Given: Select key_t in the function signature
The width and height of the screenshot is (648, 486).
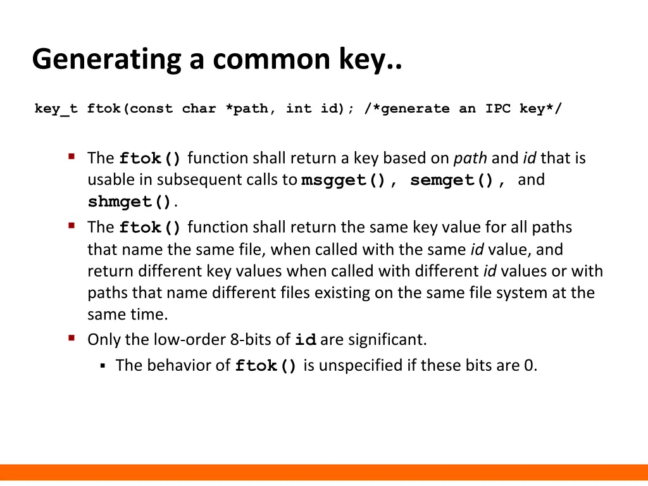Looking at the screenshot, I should (x=56, y=109).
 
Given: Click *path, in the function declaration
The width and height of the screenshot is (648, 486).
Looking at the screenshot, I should (x=251, y=109).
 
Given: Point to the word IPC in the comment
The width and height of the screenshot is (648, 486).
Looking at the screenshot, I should (x=498, y=109).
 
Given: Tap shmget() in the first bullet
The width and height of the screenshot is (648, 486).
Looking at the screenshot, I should (x=130, y=202).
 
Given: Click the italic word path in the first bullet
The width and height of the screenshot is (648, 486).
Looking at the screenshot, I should (x=470, y=158).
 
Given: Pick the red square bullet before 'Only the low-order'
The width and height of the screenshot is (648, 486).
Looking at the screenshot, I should (x=72, y=338).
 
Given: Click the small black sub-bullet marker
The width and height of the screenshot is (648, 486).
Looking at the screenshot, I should (x=102, y=365).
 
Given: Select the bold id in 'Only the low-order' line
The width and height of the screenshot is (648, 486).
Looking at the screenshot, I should (x=306, y=340).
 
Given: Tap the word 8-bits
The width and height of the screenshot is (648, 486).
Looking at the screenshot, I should (x=252, y=340).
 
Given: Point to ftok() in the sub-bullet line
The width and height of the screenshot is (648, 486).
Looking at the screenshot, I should (x=266, y=366).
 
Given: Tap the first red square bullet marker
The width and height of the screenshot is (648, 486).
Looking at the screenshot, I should (x=72, y=156).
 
